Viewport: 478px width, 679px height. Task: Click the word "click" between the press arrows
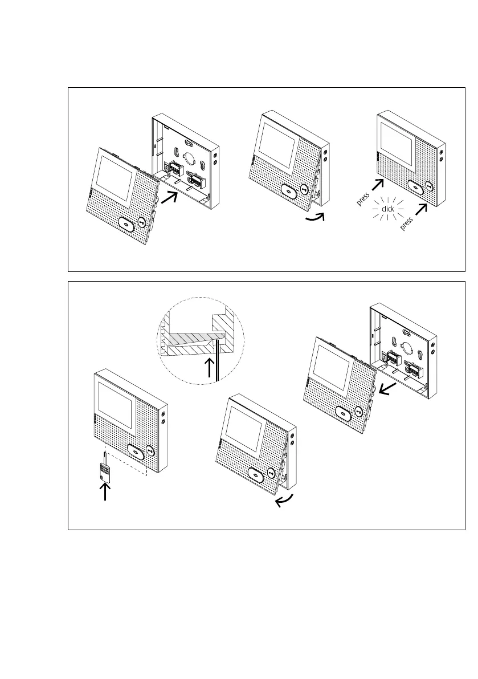pos(388,209)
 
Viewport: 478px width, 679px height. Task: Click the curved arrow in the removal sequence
pos(283,501)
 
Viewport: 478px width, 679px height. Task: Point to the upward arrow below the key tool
pos(106,490)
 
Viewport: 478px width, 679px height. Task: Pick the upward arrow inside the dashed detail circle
pos(211,368)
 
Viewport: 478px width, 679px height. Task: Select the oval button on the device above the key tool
pos(135,452)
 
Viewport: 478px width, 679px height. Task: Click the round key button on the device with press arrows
pos(429,186)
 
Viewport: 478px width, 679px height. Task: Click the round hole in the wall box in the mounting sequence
pos(189,152)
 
